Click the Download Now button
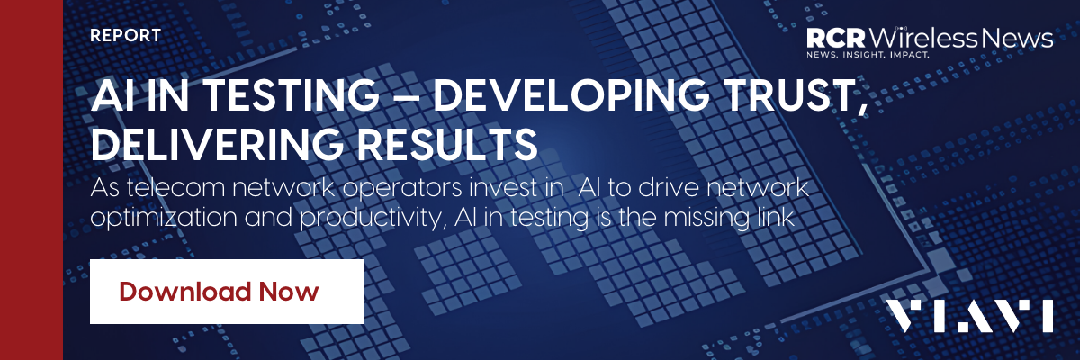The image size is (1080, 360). coord(227,292)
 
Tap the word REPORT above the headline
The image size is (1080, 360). coord(125,36)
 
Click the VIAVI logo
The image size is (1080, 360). coord(970,316)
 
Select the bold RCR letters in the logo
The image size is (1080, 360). coord(836,38)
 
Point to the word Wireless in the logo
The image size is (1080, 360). coord(922,38)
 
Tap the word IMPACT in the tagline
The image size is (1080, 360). coord(909,55)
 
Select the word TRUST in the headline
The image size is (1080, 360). coord(791,94)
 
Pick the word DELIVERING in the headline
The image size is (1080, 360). coord(217,144)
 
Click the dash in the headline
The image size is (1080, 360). coord(406,96)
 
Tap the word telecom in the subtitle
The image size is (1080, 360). coord(176,187)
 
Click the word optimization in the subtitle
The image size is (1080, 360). coord(164,218)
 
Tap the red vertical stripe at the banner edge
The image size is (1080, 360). coord(31,180)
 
